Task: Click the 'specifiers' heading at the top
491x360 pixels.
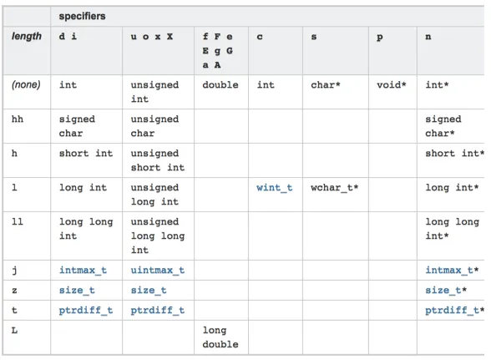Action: coord(82,16)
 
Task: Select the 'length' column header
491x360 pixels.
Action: coord(27,37)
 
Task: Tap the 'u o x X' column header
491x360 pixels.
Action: coord(152,37)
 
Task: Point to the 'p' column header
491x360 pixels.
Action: coord(379,38)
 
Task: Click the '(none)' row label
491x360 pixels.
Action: coord(26,84)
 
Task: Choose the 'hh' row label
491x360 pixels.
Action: coord(18,119)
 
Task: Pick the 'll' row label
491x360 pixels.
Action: coord(18,221)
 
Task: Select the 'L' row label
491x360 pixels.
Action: coord(14,330)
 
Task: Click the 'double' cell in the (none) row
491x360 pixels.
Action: coord(220,84)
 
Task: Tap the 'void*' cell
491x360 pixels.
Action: coord(392,84)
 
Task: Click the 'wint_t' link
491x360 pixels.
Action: coord(274,187)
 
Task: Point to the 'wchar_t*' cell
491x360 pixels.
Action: coord(334,187)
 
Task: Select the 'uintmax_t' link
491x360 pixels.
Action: coord(158,270)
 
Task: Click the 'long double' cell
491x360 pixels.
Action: coord(220,337)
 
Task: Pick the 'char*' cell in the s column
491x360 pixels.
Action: coord(326,84)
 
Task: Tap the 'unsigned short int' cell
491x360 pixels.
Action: coord(158,160)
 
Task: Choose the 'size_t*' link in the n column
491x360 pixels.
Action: coord(446,290)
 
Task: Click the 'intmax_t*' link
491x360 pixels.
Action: coord(452,270)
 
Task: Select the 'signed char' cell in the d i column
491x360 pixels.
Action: coord(77,126)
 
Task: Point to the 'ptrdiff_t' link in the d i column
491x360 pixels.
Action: coord(86,310)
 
